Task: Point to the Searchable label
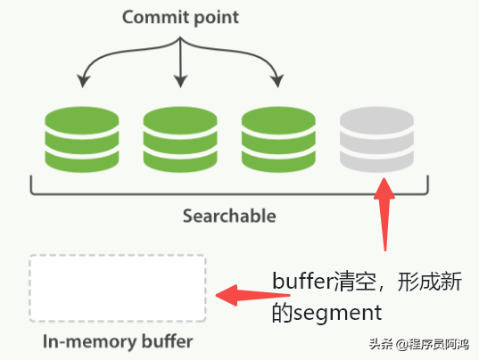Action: [229, 216]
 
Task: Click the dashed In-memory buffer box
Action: [117, 288]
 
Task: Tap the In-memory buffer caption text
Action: [117, 340]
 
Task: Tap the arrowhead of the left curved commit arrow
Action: [83, 82]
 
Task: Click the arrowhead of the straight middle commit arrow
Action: [181, 82]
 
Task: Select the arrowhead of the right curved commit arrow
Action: [279, 82]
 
